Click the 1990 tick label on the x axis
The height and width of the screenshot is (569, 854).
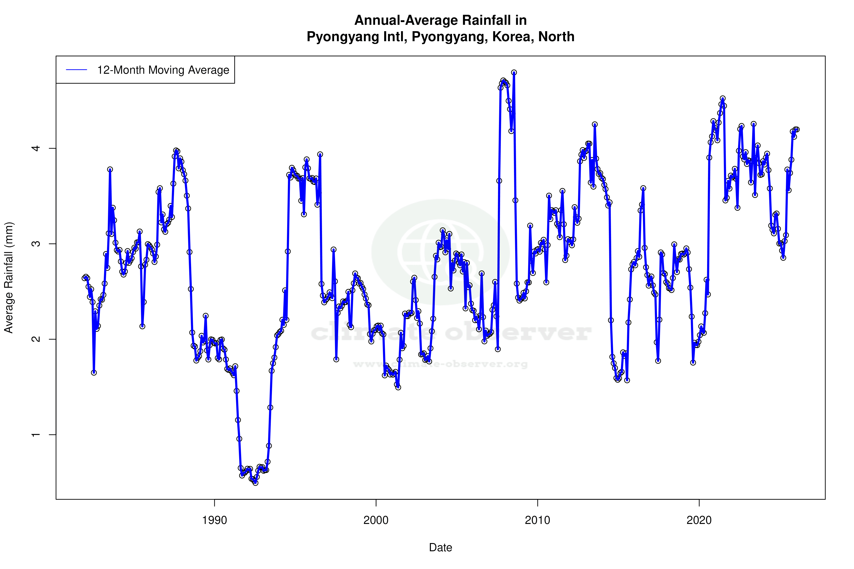click(x=214, y=520)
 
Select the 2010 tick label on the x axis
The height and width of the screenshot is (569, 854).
click(x=537, y=520)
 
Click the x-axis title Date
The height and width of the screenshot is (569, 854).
click(x=440, y=548)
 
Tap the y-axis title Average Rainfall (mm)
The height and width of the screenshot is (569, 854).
click(x=9, y=278)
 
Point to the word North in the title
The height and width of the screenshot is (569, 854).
click(x=556, y=37)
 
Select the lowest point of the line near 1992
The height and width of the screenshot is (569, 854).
click(x=255, y=483)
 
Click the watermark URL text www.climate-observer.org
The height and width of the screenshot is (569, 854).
click(x=440, y=364)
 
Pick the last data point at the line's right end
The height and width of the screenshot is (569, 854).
click(x=797, y=130)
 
